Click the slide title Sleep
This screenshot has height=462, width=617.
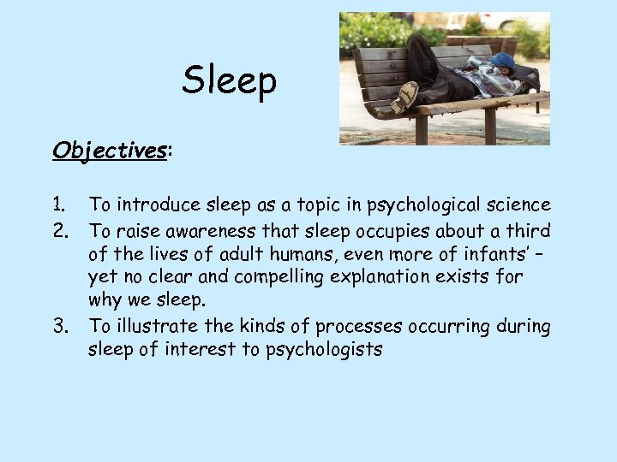click(x=229, y=81)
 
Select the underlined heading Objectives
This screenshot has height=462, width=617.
click(x=110, y=151)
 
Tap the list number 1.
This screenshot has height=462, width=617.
click(x=58, y=204)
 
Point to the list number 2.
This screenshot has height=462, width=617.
click(x=60, y=229)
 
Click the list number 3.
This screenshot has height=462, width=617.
click(x=60, y=326)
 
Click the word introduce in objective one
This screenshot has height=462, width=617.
click(x=156, y=204)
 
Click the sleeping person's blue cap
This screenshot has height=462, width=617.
click(x=503, y=61)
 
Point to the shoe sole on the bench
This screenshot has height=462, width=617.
click(x=404, y=96)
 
